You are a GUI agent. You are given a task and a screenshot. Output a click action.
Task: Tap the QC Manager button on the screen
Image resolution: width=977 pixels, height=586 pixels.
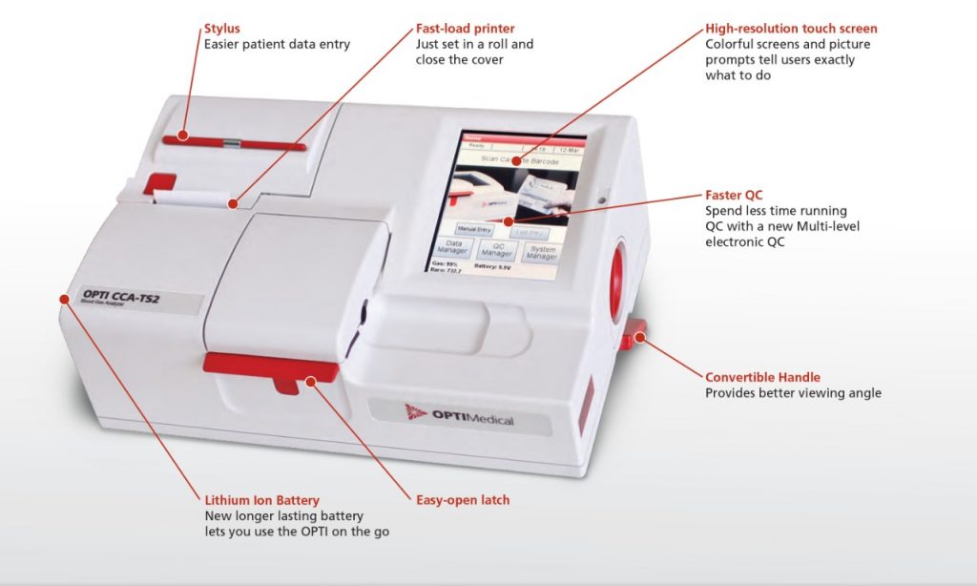click(497, 249)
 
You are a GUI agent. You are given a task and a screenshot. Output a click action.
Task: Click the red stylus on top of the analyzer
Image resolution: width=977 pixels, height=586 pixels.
click(234, 143)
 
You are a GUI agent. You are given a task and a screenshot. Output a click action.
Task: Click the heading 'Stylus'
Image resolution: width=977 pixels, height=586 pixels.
click(221, 29)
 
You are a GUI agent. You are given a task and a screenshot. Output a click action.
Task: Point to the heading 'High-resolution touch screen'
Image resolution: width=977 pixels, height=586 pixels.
click(791, 29)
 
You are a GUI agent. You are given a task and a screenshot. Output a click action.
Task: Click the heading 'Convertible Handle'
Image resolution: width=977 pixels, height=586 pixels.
click(762, 377)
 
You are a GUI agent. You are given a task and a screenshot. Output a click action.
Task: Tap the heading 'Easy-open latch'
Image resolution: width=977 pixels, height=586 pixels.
click(463, 499)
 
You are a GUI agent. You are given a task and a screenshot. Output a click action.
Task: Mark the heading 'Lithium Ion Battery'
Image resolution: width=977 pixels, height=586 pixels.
click(261, 499)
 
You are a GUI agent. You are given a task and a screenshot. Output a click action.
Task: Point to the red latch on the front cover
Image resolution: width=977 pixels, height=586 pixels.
click(270, 368)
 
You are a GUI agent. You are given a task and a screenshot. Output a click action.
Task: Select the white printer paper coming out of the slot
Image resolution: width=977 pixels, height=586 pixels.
click(196, 198)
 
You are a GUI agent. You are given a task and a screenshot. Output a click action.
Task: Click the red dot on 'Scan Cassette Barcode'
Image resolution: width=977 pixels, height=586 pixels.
click(515, 161)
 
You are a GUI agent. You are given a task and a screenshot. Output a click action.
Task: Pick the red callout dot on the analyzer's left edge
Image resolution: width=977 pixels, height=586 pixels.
click(64, 299)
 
